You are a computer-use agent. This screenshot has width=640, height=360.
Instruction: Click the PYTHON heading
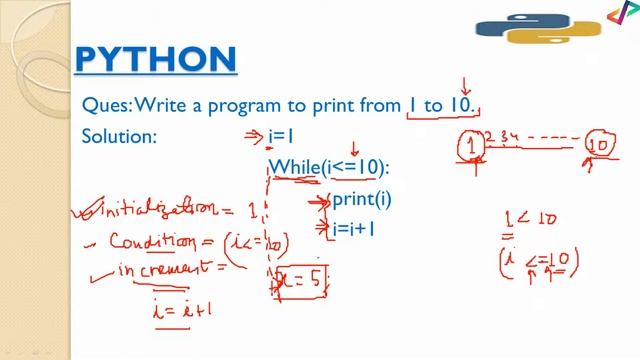[x=156, y=59]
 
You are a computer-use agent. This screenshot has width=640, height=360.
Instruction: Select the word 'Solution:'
[x=119, y=137]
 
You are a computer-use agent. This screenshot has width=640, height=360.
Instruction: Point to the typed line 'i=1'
[x=283, y=137]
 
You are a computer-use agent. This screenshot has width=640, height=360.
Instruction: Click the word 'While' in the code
[x=294, y=167]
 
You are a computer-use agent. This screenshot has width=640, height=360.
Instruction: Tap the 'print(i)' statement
[x=361, y=200]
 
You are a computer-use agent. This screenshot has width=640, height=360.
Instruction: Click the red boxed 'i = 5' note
[x=302, y=277]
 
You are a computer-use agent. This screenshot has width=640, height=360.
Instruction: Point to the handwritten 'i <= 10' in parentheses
[x=540, y=262]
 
